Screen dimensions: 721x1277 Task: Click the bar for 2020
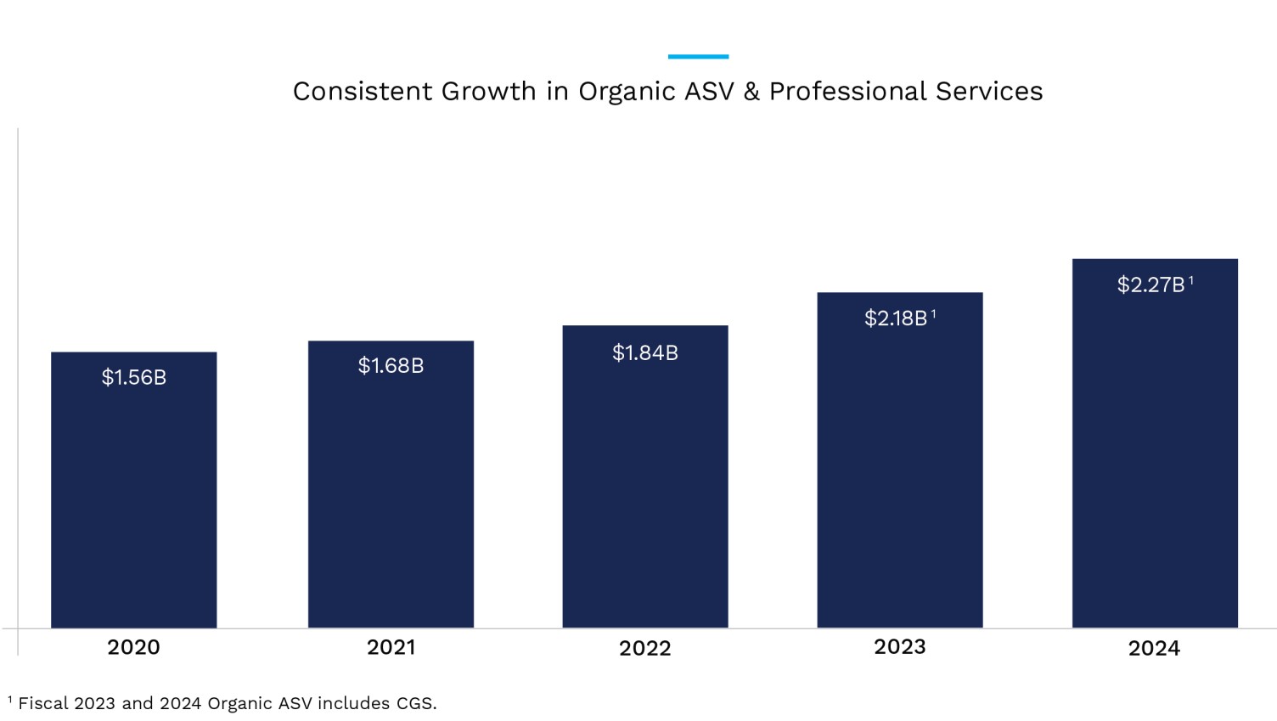[133, 501]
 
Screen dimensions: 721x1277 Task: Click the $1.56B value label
[134, 377]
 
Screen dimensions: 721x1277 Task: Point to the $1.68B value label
[391, 366]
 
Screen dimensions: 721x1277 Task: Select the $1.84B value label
[645, 352]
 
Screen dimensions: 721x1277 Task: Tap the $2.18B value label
[897, 318]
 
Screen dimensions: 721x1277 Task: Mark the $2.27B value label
[1151, 284]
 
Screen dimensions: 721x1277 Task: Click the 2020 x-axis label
[133, 647]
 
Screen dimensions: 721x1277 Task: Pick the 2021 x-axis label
[391, 647]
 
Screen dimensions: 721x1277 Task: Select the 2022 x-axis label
[644, 648]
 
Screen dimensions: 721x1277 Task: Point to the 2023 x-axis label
[899, 647]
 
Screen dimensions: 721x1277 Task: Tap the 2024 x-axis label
[1154, 648]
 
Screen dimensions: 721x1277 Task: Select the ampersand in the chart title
[751, 91]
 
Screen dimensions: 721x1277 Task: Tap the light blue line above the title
[698, 57]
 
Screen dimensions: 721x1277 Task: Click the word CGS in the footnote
[414, 703]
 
